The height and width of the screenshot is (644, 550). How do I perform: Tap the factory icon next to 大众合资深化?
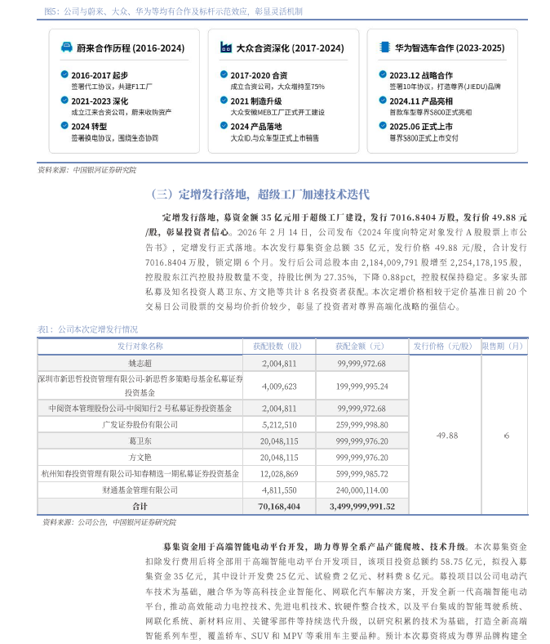[225, 48]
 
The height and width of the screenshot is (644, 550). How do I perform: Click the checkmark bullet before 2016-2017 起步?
[64, 74]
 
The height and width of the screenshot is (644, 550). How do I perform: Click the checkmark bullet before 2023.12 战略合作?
[383, 74]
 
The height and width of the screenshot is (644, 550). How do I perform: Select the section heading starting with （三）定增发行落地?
[260, 195]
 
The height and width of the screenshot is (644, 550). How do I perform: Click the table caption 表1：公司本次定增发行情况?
[88, 329]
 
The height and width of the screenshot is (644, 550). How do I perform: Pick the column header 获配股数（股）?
[279, 347]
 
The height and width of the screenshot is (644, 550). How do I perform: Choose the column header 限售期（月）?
[505, 347]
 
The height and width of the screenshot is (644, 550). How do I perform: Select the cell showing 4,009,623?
[279, 386]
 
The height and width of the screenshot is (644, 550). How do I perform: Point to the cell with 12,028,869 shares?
[279, 473]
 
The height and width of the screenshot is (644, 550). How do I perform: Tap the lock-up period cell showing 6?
[506, 436]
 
